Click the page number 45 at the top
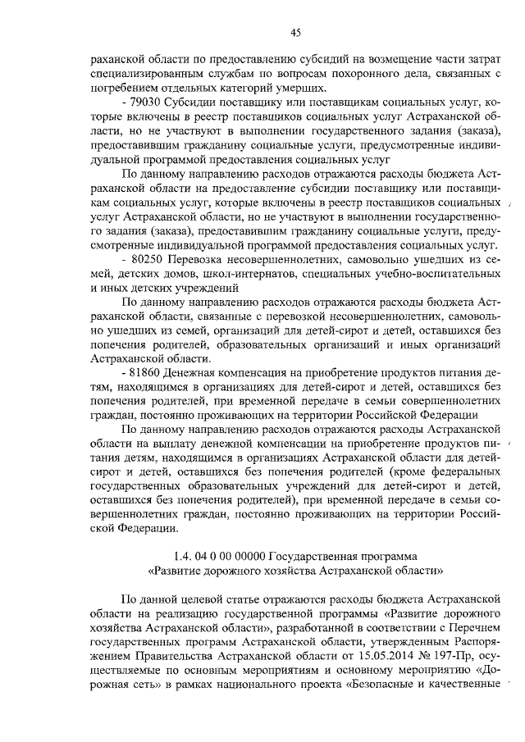[296, 32]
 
